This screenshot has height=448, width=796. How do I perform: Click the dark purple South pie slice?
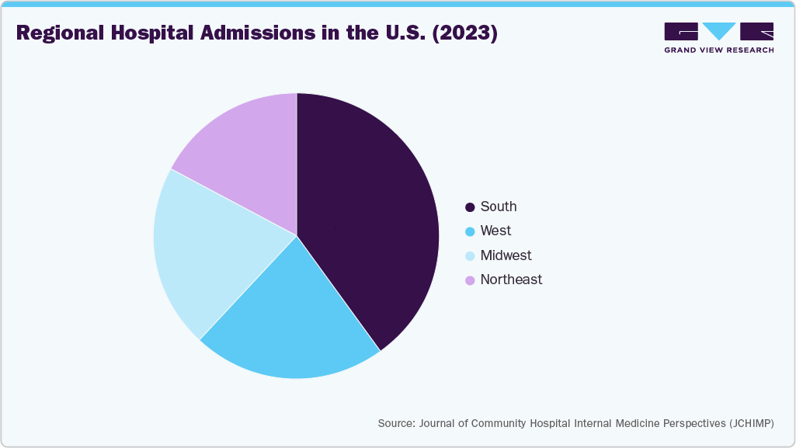pyautogui.click(x=365, y=217)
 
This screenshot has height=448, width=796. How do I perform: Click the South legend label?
pyautogui.click(x=499, y=207)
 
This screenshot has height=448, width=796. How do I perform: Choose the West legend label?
pyautogui.click(x=495, y=231)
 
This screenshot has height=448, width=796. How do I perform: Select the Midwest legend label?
pyautogui.click(x=506, y=255)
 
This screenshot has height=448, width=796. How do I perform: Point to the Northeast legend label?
pyautogui.click(x=511, y=280)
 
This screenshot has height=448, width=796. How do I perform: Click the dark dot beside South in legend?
pyautogui.click(x=470, y=207)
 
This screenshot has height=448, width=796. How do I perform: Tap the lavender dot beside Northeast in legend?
pyautogui.click(x=470, y=280)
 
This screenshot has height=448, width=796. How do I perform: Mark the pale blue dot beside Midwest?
pyautogui.click(x=470, y=256)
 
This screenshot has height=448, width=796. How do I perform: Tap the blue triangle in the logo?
pyautogui.click(x=719, y=31)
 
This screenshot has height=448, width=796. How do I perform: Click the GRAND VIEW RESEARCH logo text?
pyautogui.click(x=718, y=50)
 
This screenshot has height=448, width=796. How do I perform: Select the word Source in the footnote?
pyautogui.click(x=396, y=423)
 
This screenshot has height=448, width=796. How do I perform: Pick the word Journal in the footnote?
pyautogui.click(x=439, y=423)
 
